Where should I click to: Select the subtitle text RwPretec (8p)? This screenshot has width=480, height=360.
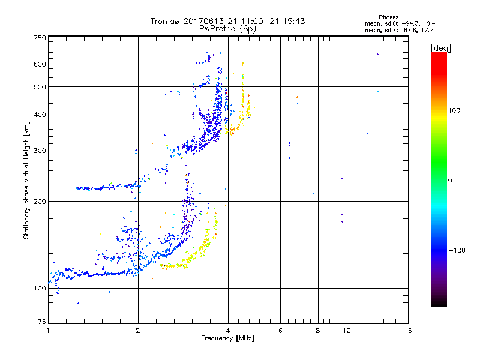point(227,28)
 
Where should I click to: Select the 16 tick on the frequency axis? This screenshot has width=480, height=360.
point(407,331)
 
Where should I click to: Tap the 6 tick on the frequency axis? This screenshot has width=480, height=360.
point(280,331)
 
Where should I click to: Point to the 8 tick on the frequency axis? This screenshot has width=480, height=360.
point(318,331)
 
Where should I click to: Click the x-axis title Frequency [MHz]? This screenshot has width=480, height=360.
point(227,338)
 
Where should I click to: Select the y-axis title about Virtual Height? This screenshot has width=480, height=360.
point(26,181)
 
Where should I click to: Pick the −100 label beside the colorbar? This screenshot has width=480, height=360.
point(458,250)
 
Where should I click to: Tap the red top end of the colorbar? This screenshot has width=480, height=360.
point(439,55)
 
